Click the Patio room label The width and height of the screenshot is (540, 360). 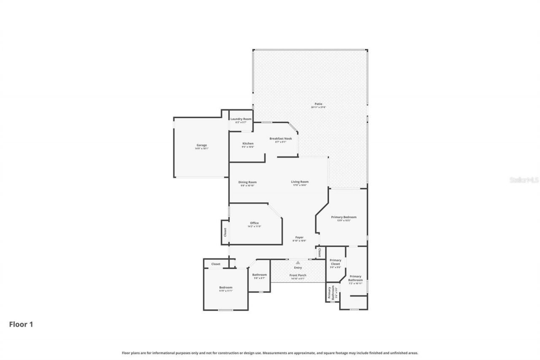[x=318, y=104]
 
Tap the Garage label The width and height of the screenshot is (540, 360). [x=201, y=145]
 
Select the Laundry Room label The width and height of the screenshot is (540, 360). [x=241, y=119]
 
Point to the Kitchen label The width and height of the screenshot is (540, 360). [x=248, y=143]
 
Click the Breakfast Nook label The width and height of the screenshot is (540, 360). [x=281, y=138]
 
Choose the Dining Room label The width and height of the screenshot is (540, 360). [x=248, y=182]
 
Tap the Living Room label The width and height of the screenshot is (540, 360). [x=300, y=182]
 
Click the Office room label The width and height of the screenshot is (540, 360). [x=254, y=223]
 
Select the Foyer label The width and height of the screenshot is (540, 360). [x=299, y=237]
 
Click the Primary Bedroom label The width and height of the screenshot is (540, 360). [x=343, y=217]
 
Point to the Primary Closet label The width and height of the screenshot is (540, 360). [x=335, y=262]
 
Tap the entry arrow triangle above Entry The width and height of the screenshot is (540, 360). [x=298, y=263]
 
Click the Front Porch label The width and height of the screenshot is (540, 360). [x=298, y=275]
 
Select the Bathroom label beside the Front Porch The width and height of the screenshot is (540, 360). [x=259, y=275]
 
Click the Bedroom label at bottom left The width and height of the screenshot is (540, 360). [x=226, y=287]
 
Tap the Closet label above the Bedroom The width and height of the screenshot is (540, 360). [x=216, y=264]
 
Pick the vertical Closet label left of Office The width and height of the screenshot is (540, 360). [x=225, y=232]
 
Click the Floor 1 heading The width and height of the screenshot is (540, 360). [x=21, y=324]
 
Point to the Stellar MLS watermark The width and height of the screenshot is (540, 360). [x=524, y=180]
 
